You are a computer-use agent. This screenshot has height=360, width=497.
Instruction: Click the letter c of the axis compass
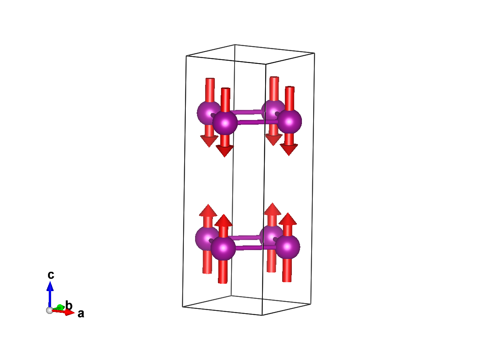coord(51,275)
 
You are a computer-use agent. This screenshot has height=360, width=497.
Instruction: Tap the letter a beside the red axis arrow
coord(81,314)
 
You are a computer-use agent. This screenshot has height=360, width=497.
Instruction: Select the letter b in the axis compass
coord(69,305)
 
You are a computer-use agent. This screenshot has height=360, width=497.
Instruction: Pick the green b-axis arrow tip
coord(60,307)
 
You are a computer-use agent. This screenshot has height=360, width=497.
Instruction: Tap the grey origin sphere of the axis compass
coord(50,310)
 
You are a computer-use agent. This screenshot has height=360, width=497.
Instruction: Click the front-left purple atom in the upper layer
coord(225,123)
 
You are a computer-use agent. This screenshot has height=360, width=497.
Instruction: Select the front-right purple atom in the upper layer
coord(290,121)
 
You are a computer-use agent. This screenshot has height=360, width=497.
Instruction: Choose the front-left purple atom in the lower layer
coord(223,248)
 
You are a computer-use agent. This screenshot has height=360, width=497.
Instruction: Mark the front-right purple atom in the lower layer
coord(288,247)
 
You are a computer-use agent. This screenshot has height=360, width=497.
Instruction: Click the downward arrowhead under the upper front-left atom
coord(225,151)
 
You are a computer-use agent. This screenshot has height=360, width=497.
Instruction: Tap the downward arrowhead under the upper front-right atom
coord(289,149)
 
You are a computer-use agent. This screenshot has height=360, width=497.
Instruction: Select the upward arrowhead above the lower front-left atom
coord(223,221)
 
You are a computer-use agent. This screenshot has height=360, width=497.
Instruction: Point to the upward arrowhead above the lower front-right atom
coord(288,219)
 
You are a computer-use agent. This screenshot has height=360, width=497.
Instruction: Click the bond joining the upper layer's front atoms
coord(257,122)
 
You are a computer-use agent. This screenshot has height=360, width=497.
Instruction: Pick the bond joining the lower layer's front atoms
coord(255,247)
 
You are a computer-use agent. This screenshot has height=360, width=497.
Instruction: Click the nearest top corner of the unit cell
coord(266,64)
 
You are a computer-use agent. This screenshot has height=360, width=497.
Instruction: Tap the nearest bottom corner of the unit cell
coord(262,315)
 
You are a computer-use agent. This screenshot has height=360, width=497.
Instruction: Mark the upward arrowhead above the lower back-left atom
coord(208,210)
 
